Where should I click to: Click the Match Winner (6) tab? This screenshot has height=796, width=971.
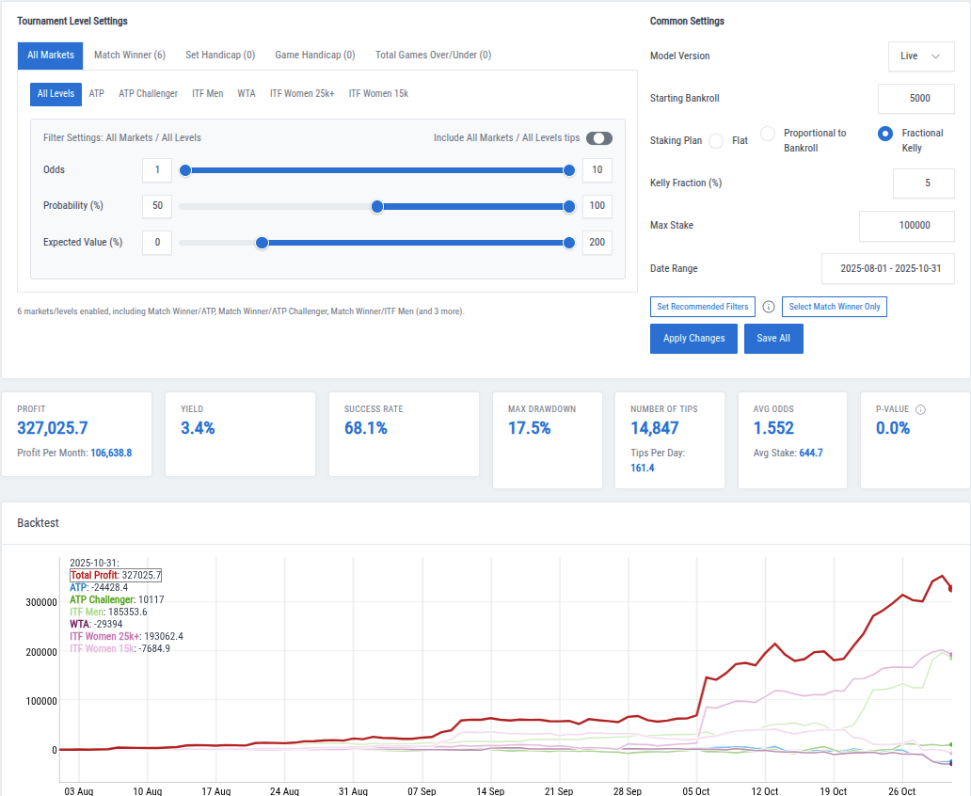[130, 56]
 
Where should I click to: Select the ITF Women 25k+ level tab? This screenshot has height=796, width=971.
[302, 94]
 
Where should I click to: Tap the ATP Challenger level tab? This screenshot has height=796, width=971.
[148, 94]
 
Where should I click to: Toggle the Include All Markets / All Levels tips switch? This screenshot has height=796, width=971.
[599, 138]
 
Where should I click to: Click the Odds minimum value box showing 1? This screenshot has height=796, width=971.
[157, 170]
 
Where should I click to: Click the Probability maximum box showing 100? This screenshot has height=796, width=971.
[597, 206]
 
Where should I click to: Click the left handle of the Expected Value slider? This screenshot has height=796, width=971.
[263, 243]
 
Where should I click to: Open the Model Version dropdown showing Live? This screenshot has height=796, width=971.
[920, 56]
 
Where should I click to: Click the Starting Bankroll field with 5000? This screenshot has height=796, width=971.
[915, 99]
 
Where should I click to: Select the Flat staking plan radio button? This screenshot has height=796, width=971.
[716, 141]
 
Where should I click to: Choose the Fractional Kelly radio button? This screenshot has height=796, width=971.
[884, 134]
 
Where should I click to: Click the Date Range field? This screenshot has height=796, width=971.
[887, 269]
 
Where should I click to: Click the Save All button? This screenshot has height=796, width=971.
[773, 339]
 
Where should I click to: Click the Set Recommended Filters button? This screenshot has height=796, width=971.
[702, 307]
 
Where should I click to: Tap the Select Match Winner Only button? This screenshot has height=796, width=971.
[834, 307]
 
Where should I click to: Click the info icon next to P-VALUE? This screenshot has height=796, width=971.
[920, 409]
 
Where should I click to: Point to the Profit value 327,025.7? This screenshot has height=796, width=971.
[53, 429]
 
